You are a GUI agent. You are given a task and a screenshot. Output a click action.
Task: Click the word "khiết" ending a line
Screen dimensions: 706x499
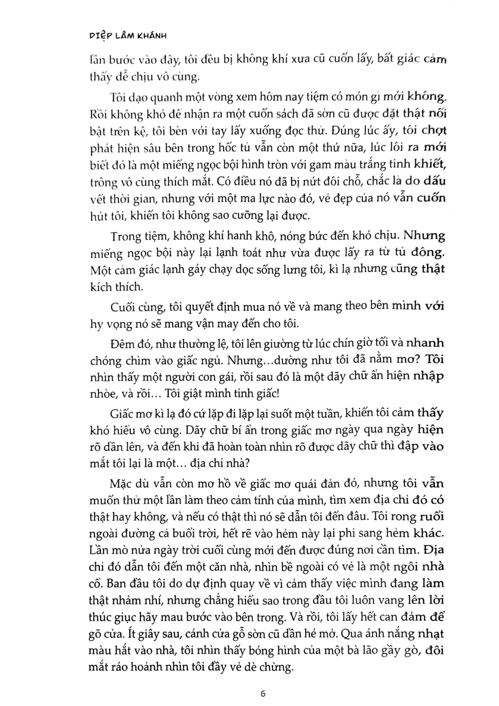coord(429,164)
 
